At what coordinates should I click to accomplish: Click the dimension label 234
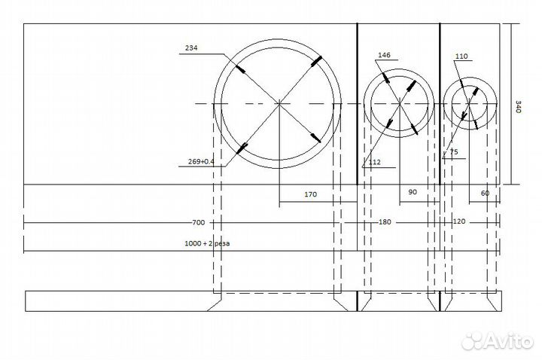click(x=191, y=47)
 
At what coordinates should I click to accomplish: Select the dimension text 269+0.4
click(x=201, y=161)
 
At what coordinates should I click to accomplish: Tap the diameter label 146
click(x=384, y=55)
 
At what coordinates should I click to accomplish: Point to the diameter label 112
click(x=374, y=162)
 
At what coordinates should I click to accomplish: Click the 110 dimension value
click(x=461, y=56)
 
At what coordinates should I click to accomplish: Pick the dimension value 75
click(x=454, y=152)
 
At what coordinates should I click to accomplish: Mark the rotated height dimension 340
click(x=519, y=106)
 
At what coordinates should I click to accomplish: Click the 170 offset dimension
click(x=310, y=194)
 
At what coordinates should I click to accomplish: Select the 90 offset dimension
click(x=413, y=192)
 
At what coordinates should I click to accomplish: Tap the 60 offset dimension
click(x=485, y=193)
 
